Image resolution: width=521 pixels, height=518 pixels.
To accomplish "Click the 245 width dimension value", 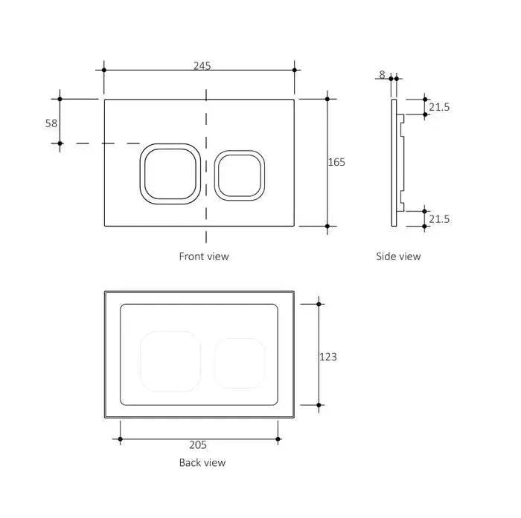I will pyautogui.click(x=201, y=65).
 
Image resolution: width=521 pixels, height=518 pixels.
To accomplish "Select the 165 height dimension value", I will pyautogui.click(x=337, y=161).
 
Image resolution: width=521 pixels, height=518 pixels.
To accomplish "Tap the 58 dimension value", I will pyautogui.click(x=51, y=123).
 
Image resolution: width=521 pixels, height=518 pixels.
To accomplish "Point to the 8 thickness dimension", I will pyautogui.click(x=383, y=74).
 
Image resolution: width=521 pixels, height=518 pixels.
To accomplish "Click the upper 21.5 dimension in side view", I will pyautogui.click(x=440, y=107).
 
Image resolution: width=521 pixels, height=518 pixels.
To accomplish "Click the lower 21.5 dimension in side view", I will pyautogui.click(x=440, y=218).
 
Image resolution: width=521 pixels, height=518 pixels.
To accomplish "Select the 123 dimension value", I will pyautogui.click(x=327, y=357).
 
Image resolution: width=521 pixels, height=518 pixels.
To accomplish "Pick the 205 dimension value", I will pyautogui.click(x=197, y=445).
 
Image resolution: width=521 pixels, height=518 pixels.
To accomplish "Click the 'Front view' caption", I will pyautogui.click(x=204, y=256).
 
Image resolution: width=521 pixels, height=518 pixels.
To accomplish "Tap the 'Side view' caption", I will pyautogui.click(x=398, y=256).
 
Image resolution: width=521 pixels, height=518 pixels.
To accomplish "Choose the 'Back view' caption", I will pyautogui.click(x=202, y=462).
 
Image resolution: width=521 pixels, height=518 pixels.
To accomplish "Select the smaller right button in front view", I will pyautogui.click(x=240, y=175).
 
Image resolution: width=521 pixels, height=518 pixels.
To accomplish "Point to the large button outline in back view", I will pyautogui.click(x=170, y=360).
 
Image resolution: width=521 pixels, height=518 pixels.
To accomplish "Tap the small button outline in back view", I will pyautogui.click(x=240, y=363).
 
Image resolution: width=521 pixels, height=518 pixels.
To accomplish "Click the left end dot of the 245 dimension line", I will pyautogui.click(x=104, y=70).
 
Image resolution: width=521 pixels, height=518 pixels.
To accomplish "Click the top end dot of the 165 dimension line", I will pyautogui.click(x=327, y=98).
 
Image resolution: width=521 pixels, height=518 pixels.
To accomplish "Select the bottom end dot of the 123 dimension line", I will pyautogui.click(x=319, y=405).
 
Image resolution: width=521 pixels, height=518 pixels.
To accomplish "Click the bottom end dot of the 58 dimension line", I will pyautogui.click(x=60, y=143).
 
